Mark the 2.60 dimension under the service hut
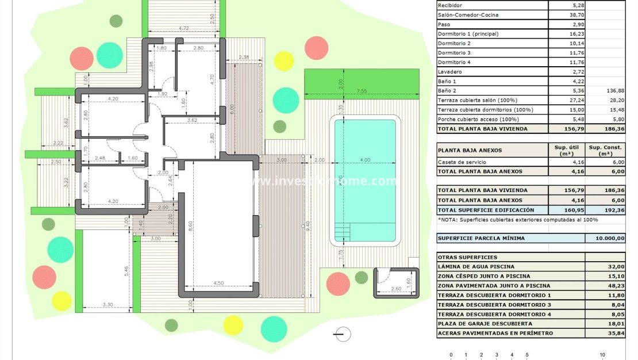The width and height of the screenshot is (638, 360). click(396, 289)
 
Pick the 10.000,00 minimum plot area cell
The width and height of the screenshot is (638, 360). click(605, 238)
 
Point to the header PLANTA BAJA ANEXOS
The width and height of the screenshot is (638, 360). click(470, 151)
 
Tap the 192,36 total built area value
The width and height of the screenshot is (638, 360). click(605, 210)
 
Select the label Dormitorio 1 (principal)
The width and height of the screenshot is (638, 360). click(468, 34)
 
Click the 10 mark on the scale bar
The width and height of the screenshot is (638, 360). click(602, 355)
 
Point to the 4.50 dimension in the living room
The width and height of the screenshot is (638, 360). click(218, 283)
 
